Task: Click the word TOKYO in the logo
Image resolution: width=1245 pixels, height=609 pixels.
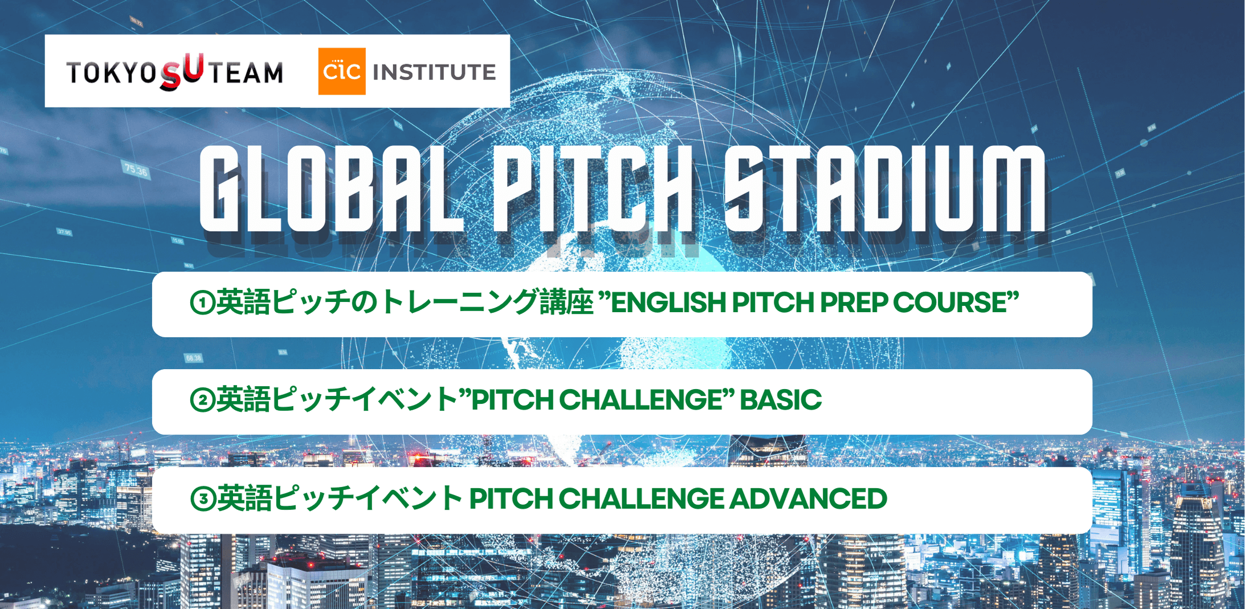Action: coord(111,73)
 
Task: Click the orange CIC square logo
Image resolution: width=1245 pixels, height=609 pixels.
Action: coord(342,71)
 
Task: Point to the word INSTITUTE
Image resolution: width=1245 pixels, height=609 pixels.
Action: coord(434,72)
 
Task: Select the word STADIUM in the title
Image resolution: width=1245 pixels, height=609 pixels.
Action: coord(885,189)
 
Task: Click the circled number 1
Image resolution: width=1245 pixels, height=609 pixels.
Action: coord(202,303)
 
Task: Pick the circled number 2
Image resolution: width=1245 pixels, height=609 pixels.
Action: coord(202,400)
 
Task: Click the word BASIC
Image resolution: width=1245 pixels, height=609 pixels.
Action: coord(781,399)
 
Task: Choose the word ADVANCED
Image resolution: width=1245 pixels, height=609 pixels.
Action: coord(808,498)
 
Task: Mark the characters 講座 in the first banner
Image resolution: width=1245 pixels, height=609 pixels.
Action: coord(567,303)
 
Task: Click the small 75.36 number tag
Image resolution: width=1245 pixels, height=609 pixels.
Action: coord(136,170)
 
